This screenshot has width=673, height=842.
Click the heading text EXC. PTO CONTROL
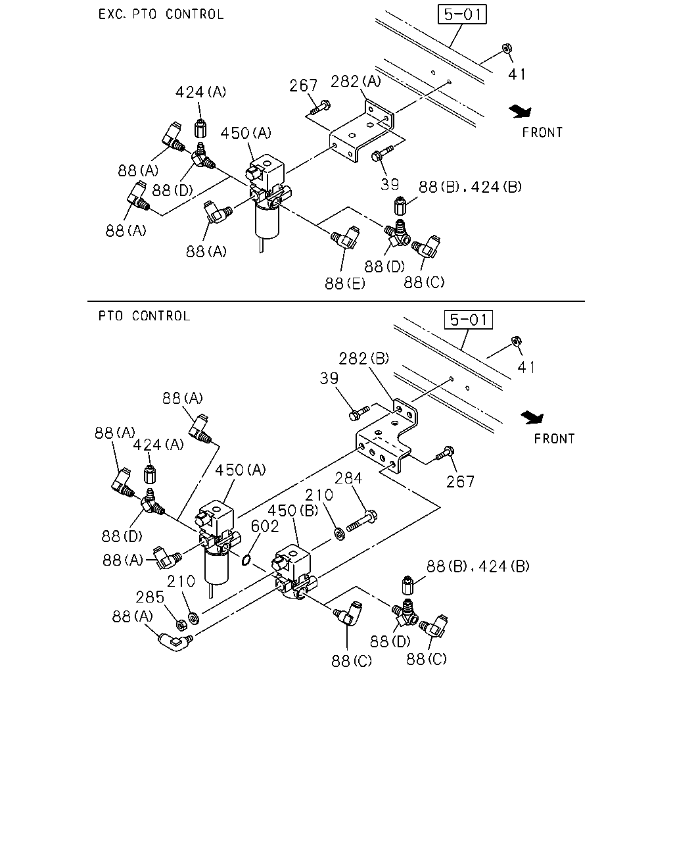click(161, 14)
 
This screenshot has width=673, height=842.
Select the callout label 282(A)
click(356, 82)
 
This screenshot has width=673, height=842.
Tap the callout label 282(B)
click(363, 359)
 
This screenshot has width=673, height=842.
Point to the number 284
click(348, 478)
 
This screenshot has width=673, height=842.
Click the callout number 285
click(150, 597)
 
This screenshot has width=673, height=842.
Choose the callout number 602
click(265, 526)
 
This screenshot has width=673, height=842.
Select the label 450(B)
click(293, 510)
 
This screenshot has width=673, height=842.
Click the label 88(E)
click(344, 284)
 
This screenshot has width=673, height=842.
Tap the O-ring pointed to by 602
click(246, 560)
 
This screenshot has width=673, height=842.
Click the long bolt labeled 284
click(361, 521)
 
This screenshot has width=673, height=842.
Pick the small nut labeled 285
click(181, 625)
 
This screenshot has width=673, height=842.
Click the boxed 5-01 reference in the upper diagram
click(462, 14)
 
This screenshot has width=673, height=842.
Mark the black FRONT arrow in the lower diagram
click(532, 418)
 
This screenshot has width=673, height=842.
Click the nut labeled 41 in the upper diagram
click(507, 49)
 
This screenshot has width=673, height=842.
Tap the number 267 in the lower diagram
click(460, 482)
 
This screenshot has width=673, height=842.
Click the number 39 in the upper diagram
click(390, 185)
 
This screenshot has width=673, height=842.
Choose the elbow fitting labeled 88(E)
click(345, 237)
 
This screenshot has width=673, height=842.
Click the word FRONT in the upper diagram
click(542, 133)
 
